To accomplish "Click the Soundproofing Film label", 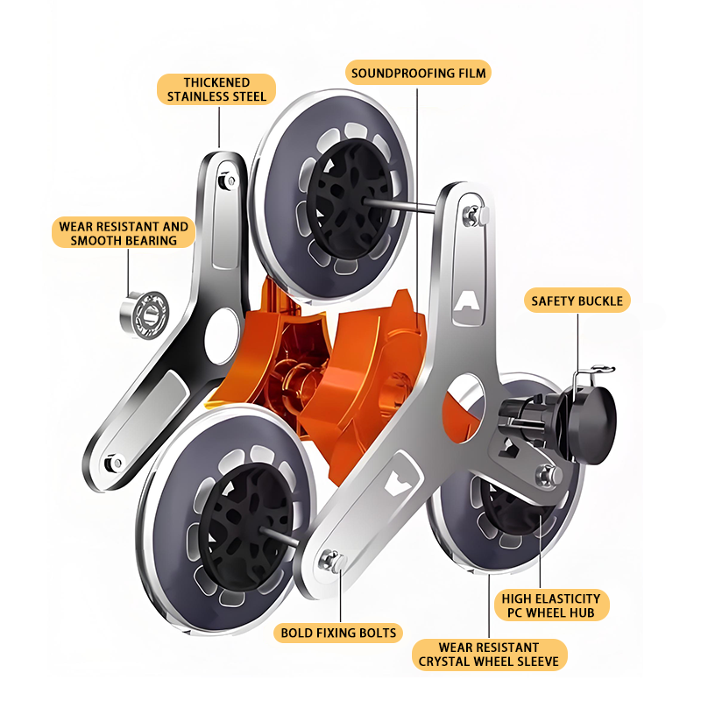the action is coord(418,73).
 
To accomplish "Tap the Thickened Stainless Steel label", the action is coord(216,89).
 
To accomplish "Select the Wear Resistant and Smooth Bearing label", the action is coord(124,233).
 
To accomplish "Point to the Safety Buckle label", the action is coord(577,301).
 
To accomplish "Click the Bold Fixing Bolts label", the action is coord(338,633).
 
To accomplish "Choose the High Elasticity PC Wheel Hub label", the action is coord(551,605).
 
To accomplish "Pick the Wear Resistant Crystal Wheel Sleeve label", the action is coord(489,655).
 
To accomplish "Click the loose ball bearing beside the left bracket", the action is coord(145,314).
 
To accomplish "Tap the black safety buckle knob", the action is coord(595,425).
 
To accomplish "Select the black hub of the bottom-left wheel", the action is coord(245,528).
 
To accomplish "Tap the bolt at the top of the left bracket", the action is coord(227,181).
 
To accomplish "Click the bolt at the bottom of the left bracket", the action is coord(114,464).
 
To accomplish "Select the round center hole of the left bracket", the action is coord(223,336).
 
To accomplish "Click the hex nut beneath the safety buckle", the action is coord(549,475).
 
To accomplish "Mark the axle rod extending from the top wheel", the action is coord(400,205).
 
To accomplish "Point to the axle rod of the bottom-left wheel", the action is coord(279,536).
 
